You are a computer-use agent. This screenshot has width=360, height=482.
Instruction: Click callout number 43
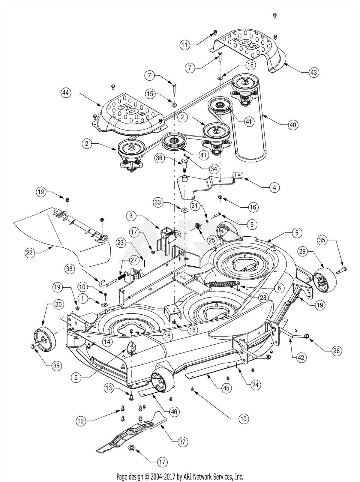(x=314, y=72)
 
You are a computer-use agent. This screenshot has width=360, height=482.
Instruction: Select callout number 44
(x=65, y=93)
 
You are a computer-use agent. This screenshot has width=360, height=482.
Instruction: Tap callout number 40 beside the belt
(x=293, y=124)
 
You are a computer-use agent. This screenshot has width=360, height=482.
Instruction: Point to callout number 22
(x=29, y=253)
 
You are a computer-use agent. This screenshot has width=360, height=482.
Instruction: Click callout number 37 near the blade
(x=183, y=442)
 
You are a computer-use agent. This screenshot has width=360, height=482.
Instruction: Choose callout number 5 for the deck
(x=297, y=232)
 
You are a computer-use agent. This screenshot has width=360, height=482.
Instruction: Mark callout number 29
(x=302, y=251)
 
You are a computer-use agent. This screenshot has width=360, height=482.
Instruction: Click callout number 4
(x=275, y=188)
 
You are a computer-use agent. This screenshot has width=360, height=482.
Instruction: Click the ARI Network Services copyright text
(x=180, y=476)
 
